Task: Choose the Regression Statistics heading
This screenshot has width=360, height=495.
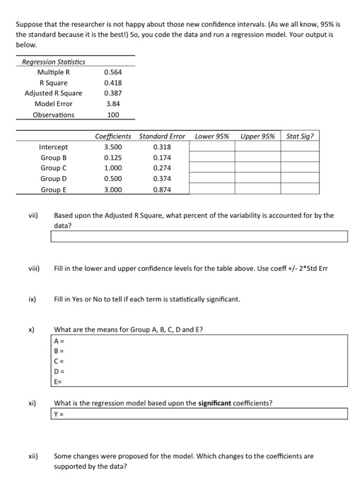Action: click(54, 62)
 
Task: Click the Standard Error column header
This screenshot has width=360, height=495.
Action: click(162, 136)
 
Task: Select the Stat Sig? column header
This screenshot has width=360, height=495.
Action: click(301, 136)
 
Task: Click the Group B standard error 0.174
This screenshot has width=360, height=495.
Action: click(161, 158)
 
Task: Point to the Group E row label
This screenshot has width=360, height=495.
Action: click(54, 190)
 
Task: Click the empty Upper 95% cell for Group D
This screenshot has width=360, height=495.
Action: click(257, 179)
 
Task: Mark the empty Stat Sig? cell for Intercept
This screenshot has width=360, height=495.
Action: click(301, 147)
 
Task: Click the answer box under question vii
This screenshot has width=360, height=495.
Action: click(199, 236)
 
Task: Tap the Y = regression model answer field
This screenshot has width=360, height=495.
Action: click(199, 414)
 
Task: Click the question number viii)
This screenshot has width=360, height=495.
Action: click(33, 269)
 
